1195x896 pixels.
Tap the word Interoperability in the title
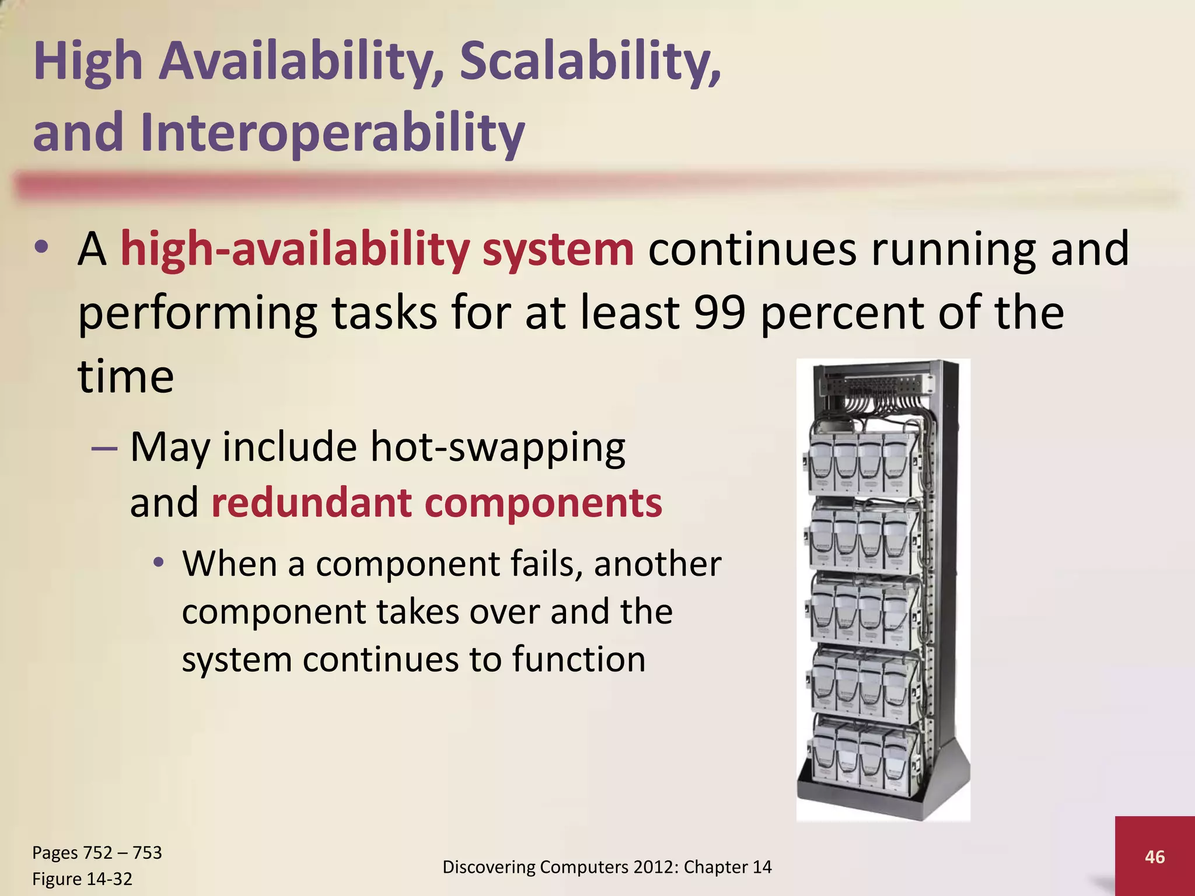pos(333,132)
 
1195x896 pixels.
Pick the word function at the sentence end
pos(579,660)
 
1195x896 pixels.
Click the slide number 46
pos(1155,856)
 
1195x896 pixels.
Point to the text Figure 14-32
pos(82,878)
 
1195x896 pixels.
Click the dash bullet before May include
pos(104,449)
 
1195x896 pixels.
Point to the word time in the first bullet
pos(126,377)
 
